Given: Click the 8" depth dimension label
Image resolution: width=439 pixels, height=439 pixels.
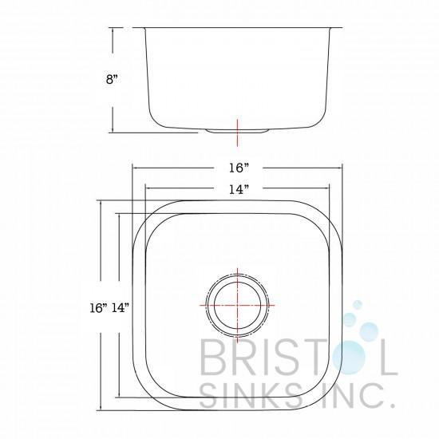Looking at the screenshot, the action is [112, 79].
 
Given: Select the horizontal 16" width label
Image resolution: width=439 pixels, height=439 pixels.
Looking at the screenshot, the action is [239, 168].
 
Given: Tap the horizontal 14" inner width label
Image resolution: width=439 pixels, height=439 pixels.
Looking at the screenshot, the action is [239, 189].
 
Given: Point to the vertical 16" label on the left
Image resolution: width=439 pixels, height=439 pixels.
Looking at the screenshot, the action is [99, 308].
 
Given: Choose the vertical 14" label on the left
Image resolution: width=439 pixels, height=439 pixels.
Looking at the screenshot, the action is [121, 308].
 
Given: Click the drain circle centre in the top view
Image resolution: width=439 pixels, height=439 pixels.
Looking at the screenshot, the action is [237, 305].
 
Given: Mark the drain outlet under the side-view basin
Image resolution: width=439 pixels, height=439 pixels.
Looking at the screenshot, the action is [237, 130].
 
